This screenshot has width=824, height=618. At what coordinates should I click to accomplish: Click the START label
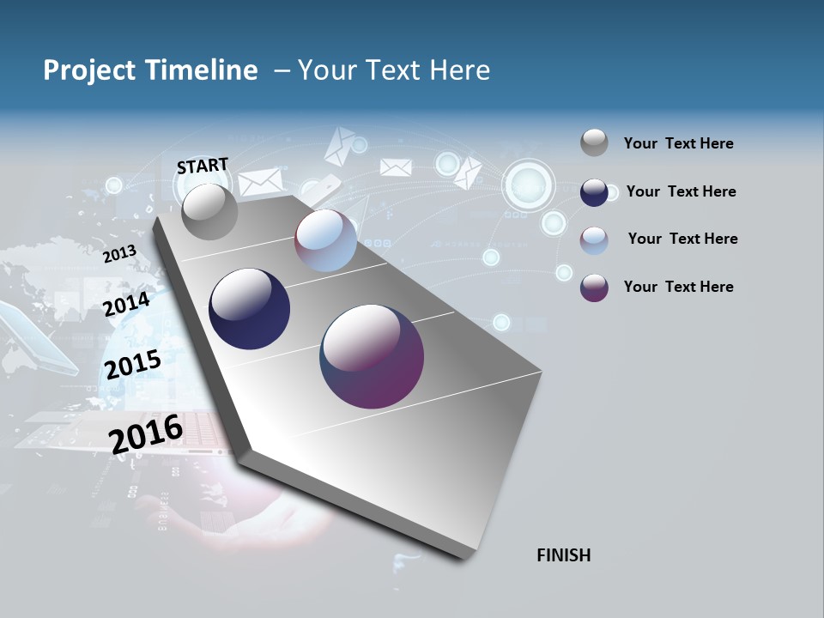[x=203, y=166]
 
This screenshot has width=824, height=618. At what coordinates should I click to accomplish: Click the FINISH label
[x=563, y=555]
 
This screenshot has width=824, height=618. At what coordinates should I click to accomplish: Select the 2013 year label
[x=119, y=254]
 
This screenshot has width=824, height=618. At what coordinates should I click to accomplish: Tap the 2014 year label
[x=126, y=304]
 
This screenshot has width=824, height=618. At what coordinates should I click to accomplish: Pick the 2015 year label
[x=132, y=364]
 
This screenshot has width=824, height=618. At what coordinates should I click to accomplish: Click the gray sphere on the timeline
[x=209, y=211]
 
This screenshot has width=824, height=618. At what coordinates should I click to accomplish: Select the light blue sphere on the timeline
[x=325, y=240]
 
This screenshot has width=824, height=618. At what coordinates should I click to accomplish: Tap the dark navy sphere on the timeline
[x=249, y=309]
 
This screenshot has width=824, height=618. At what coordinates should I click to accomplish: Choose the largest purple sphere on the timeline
[x=372, y=356]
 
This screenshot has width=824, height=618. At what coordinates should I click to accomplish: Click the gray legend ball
[x=594, y=142]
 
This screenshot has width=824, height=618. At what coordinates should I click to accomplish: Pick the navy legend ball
[x=594, y=192]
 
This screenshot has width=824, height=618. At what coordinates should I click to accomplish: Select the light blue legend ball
[x=594, y=239]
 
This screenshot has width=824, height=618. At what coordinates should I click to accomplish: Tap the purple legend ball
[x=594, y=288]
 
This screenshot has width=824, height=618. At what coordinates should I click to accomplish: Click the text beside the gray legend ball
[x=678, y=143]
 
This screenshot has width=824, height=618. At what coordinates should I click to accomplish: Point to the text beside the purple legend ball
[x=678, y=287]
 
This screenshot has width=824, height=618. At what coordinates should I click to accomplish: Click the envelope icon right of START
[x=260, y=182]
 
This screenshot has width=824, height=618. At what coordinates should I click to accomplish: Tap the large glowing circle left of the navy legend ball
[x=529, y=183]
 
